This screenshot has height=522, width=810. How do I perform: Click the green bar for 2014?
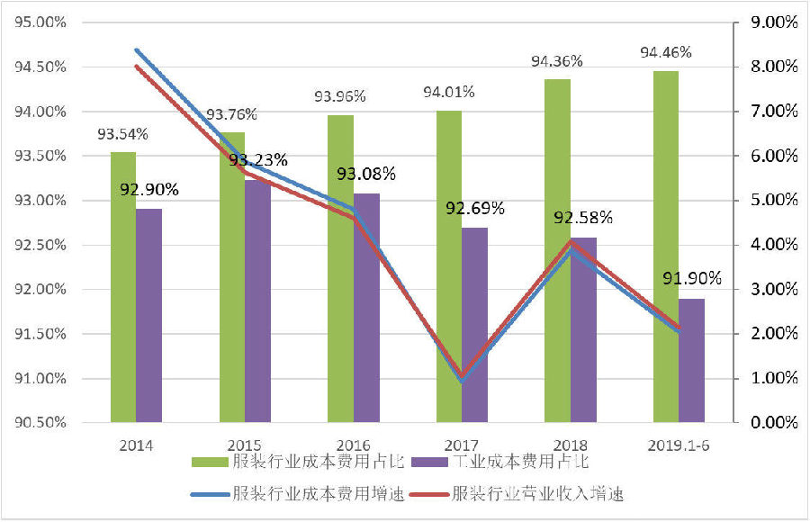coord(123,286)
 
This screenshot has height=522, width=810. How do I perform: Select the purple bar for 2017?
coord(474,324)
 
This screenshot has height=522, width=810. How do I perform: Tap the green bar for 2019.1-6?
coord(665,246)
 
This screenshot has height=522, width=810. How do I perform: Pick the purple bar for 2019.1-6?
coord(691,360)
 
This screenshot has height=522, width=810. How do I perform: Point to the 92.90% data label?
coord(149,190)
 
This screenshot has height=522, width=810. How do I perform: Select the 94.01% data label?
coord(449,93)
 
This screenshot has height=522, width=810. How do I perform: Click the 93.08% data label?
coord(367,174)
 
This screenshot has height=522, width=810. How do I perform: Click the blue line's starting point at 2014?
coord(136,50)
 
